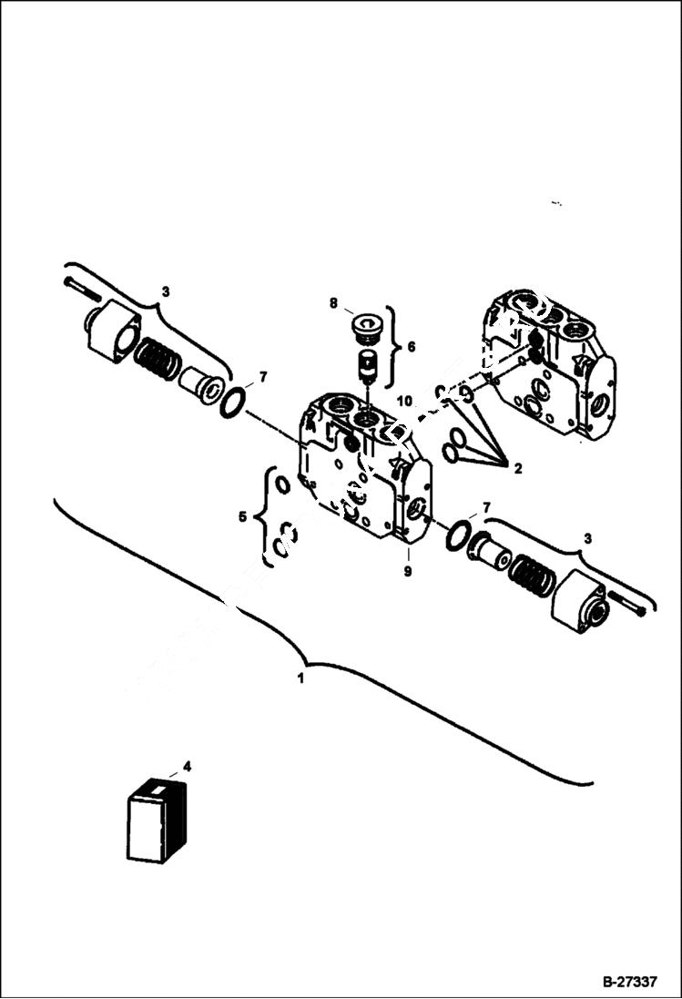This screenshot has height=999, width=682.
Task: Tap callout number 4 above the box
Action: (187, 767)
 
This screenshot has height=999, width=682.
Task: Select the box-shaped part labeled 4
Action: (156, 821)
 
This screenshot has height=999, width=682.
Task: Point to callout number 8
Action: (333, 302)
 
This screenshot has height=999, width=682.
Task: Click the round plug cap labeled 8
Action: (367, 325)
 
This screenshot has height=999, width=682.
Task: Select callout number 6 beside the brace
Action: (410, 346)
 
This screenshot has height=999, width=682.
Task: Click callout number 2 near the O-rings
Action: (516, 469)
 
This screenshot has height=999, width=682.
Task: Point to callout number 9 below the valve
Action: (407, 572)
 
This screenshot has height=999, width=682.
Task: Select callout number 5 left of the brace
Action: (242, 517)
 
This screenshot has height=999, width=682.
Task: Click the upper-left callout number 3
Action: (165, 291)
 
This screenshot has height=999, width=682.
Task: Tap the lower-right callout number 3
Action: (586, 539)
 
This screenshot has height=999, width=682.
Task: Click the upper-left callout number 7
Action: (263, 376)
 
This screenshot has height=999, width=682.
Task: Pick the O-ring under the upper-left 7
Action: (233, 401)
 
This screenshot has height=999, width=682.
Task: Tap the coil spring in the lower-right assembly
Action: (531, 575)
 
